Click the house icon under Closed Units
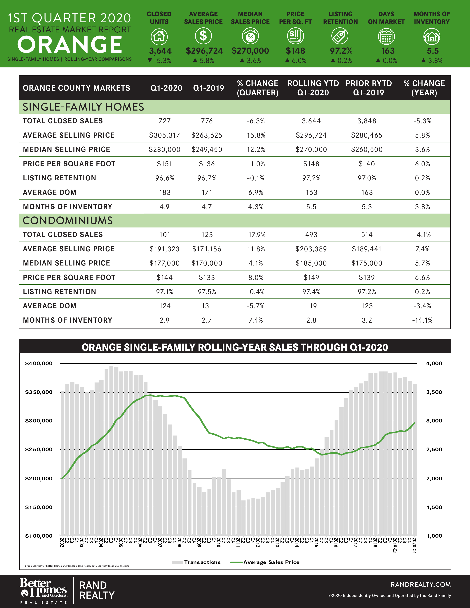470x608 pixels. [x=159, y=36]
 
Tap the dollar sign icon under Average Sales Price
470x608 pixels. [x=203, y=36]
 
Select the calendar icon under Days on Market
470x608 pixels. [x=386, y=37]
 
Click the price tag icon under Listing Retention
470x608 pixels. [x=340, y=36]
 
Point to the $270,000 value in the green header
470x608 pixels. [x=250, y=51]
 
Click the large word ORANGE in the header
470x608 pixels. [x=70, y=45]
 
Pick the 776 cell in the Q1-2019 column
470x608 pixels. [x=207, y=121]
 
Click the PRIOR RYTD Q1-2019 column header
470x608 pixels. [x=368, y=88]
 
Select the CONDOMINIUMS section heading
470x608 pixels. [x=68, y=221]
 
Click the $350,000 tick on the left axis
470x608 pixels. [x=39, y=392]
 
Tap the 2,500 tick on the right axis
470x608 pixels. [x=434, y=450]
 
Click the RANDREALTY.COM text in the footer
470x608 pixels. [x=420, y=584]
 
